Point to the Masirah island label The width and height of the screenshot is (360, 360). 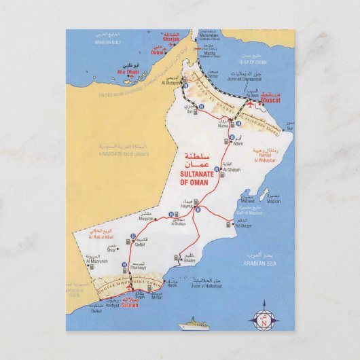[x=273, y=201]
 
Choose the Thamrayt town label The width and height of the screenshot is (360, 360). [x=138, y=267]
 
